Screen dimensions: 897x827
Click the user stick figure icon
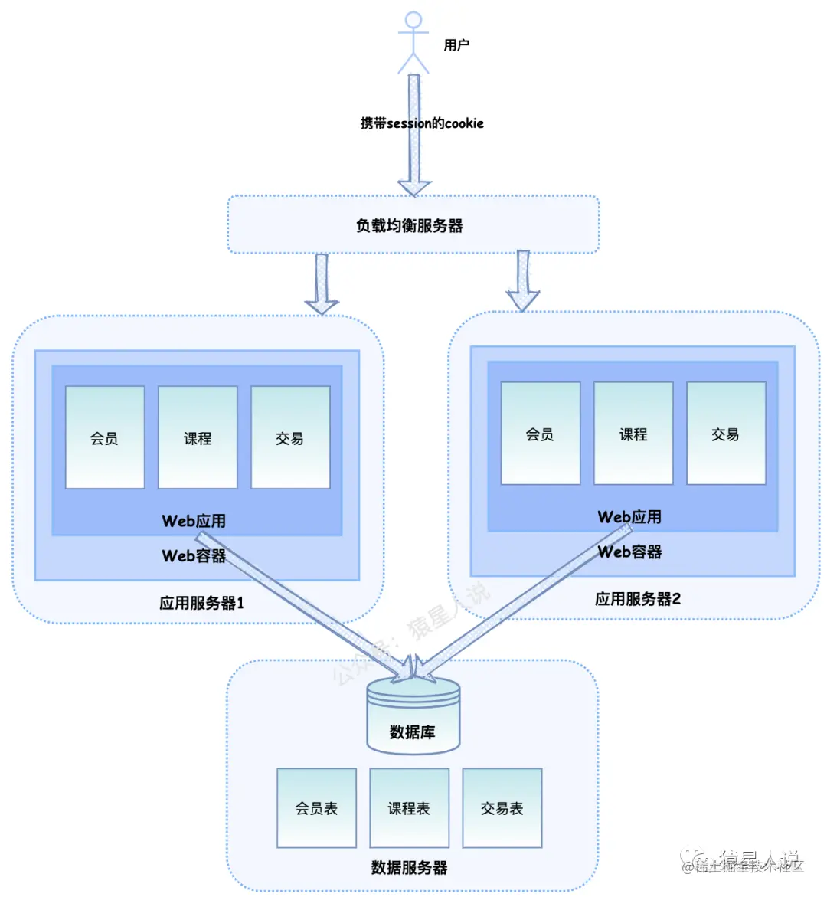click(x=413, y=42)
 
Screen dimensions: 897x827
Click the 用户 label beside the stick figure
click(x=456, y=45)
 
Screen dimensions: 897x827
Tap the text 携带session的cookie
click(x=422, y=123)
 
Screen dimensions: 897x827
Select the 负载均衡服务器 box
click(x=413, y=225)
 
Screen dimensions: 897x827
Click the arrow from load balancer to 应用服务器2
click(x=523, y=281)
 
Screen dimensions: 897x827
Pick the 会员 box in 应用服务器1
click(x=105, y=437)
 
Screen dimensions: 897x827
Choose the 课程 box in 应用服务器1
click(x=198, y=437)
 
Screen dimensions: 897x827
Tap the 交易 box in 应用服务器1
click(x=290, y=437)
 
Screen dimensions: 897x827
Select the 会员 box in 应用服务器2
click(x=541, y=434)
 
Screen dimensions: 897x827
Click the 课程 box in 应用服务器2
click(x=633, y=434)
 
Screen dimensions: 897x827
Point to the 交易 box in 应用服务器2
click(x=726, y=434)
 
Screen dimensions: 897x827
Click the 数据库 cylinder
click(x=413, y=716)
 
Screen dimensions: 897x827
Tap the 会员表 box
click(x=316, y=808)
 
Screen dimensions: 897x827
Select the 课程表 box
click(x=409, y=808)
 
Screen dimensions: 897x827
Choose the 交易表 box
click(x=502, y=808)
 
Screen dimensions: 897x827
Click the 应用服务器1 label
click(x=201, y=603)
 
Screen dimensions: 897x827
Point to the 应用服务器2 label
click(x=638, y=599)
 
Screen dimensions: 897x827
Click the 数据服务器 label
click(x=409, y=867)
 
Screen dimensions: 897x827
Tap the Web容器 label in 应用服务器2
click(x=629, y=552)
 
